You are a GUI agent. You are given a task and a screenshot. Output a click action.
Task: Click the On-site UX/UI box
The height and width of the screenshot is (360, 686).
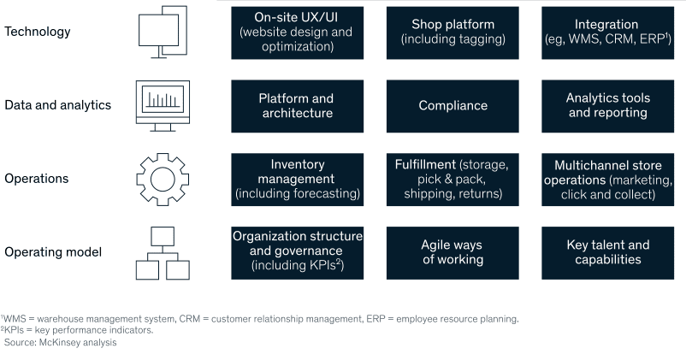[x=297, y=32]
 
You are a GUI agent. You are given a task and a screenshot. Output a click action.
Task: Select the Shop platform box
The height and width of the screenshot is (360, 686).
[x=452, y=32]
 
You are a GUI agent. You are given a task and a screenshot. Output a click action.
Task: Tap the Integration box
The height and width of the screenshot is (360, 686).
[x=607, y=32]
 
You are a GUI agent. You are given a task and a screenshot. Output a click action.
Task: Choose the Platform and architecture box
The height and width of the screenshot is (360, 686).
[x=297, y=106]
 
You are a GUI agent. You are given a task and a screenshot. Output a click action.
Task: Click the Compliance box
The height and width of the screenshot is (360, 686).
[x=452, y=106]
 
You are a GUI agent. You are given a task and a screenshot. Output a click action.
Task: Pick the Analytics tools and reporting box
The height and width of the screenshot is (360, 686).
[x=607, y=106]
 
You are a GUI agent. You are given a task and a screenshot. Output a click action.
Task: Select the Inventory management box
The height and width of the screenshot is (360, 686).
[x=297, y=180]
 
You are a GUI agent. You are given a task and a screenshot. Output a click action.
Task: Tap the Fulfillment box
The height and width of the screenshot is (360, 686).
[x=452, y=180]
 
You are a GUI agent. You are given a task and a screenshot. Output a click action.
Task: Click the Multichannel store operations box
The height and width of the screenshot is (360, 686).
[x=607, y=180]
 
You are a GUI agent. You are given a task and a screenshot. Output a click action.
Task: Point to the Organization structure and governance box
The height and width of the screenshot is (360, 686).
[x=297, y=253]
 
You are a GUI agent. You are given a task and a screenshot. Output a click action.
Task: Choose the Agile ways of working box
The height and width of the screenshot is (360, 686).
[x=452, y=253]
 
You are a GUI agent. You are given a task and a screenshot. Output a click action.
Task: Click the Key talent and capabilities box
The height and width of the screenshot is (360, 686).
[x=607, y=253]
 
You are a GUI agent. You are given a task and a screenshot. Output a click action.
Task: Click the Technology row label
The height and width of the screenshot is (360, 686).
[x=37, y=32]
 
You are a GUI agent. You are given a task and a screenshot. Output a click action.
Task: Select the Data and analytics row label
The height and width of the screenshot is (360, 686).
[x=58, y=105]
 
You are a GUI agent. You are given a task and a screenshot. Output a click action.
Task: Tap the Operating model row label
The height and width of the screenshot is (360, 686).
[x=53, y=252]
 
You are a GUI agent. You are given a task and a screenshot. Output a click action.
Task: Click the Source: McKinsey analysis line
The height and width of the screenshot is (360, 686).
[x=61, y=343]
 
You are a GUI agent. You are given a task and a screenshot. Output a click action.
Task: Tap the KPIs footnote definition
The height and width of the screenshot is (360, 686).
[x=77, y=330]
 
